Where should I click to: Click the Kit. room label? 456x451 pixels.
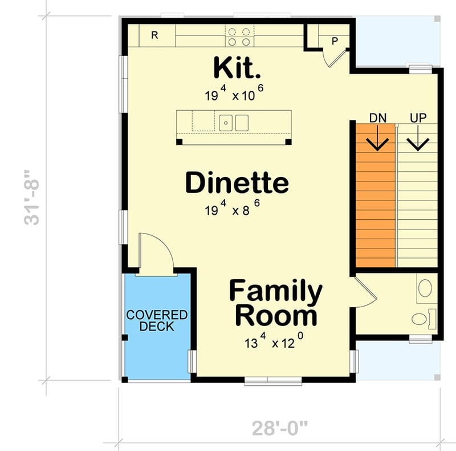click(237, 68)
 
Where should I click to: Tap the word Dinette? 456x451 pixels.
click(237, 183)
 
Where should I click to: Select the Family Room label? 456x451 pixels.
click(275, 303)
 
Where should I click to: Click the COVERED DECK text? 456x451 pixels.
click(157, 321)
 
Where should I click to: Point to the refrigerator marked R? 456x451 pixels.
click(154, 35)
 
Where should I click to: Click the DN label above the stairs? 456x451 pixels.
click(378, 118)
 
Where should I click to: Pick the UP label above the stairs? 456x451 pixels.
click(418, 118)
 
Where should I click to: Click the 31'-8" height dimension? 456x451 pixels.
click(34, 197)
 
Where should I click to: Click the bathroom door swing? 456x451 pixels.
click(365, 291)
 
